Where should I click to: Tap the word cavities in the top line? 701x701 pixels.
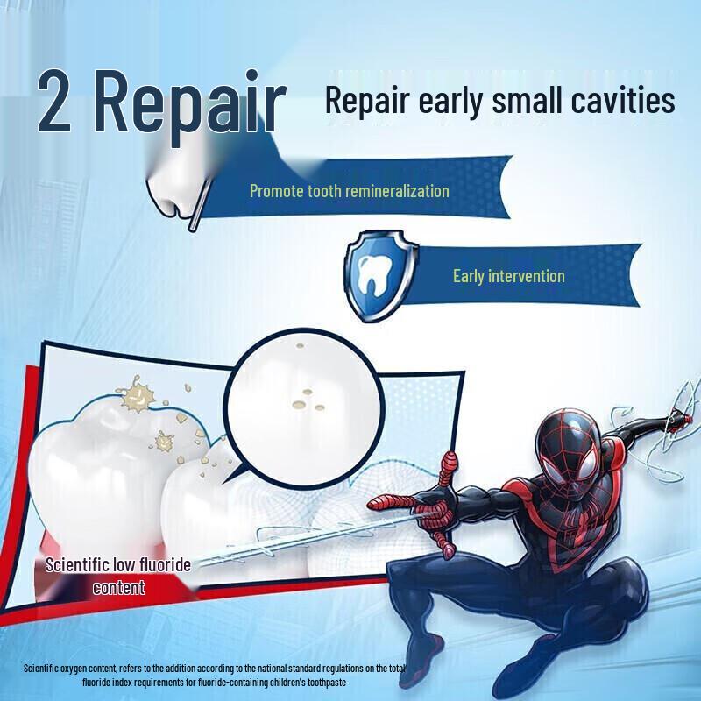pyautogui.click(x=623, y=100)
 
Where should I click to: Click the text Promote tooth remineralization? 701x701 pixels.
pyautogui.click(x=349, y=190)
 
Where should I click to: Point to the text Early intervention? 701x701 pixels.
pyautogui.click(x=508, y=276)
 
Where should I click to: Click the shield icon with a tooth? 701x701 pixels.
pyautogui.click(x=375, y=275)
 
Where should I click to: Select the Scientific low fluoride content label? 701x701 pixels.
pyautogui.click(x=118, y=576)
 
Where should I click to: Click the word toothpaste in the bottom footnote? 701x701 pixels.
pyautogui.click(x=379, y=681)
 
